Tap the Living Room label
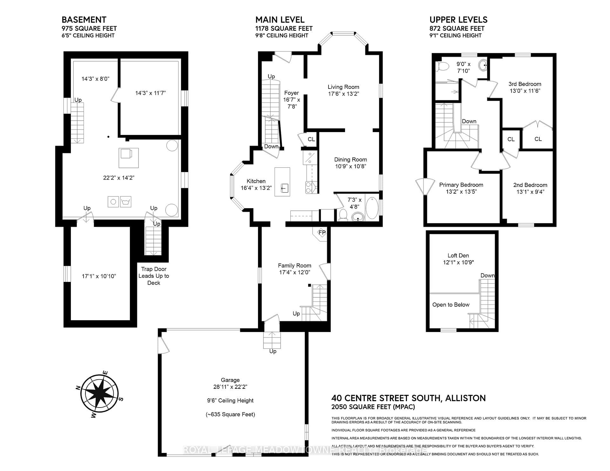click(x=343, y=87)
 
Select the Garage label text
click(x=230, y=380)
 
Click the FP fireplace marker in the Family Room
click(x=322, y=233)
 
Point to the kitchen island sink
click(x=284, y=188)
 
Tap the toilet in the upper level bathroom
click(x=443, y=66)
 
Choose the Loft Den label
click(x=458, y=255)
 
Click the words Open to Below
click(x=451, y=305)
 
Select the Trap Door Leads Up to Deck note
click(x=154, y=276)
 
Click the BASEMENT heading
click(x=84, y=20)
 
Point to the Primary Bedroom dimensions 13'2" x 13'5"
click(x=461, y=192)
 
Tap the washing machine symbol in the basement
click(x=126, y=202)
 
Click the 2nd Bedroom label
click(x=530, y=185)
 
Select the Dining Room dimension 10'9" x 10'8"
click(x=350, y=166)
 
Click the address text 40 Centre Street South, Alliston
click(x=409, y=398)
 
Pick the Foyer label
click(x=291, y=93)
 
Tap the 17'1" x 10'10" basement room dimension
click(x=99, y=276)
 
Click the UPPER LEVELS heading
click(x=458, y=20)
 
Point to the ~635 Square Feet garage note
click(x=230, y=414)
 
